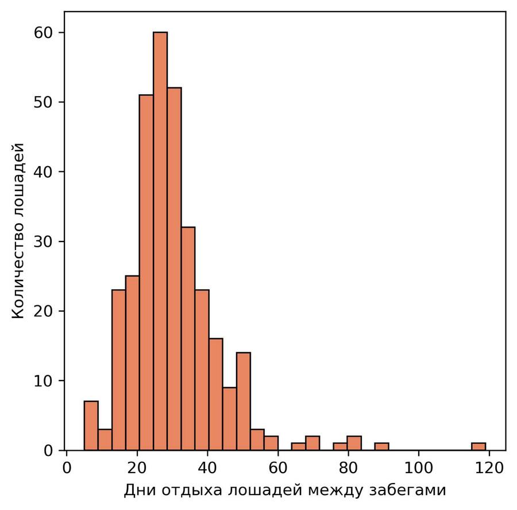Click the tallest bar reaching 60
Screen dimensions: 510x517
pos(160,241)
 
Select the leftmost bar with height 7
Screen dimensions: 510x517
pos(91,425)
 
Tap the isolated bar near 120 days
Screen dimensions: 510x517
pos(479,446)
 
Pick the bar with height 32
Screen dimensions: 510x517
pos(188,339)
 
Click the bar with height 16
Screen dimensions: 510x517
pos(216,394)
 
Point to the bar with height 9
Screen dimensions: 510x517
pos(230,419)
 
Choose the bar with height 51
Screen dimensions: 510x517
pos(146,273)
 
